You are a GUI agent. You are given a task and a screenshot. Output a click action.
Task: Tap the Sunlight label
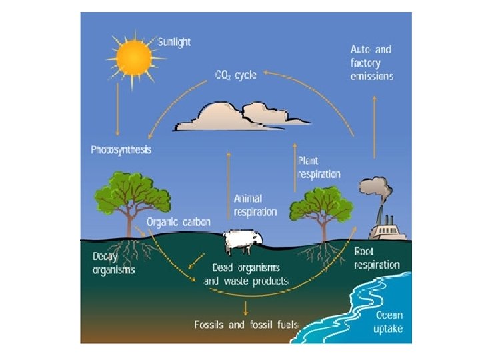click(174, 42)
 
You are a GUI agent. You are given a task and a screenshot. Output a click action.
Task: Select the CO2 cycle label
click(235, 75)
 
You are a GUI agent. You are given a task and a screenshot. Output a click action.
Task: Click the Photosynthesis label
click(121, 149)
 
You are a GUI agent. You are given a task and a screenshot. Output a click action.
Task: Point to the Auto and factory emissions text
click(372, 63)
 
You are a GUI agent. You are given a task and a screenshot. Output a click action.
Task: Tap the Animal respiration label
click(255, 205)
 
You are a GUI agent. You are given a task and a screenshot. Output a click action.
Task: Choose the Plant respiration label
click(319, 167)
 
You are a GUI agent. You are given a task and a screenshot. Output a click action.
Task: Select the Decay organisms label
click(113, 263)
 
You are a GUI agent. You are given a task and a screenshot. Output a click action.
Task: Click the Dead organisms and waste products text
click(246, 274)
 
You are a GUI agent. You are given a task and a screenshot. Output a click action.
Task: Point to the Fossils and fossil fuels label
click(246, 325)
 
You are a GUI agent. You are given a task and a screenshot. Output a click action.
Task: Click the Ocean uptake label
click(389, 323)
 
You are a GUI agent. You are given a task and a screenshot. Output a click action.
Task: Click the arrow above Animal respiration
click(231, 173)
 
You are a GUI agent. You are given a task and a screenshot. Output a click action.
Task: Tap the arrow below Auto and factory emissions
click(374, 126)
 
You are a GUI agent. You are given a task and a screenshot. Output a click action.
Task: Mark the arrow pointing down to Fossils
click(246, 307)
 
